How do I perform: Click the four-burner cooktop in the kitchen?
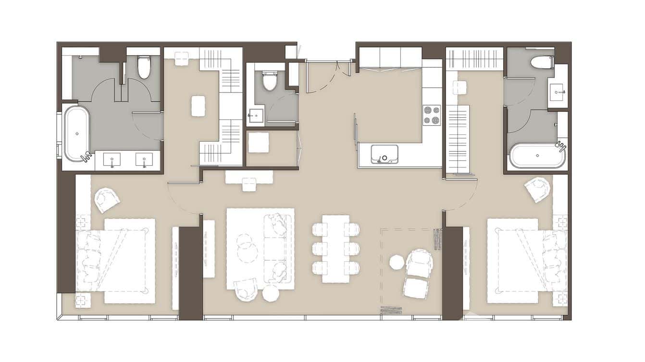tap(432, 115)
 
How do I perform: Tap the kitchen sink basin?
tap(385, 154)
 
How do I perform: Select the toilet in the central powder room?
tap(270, 81)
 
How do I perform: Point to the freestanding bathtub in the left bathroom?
tap(77, 133)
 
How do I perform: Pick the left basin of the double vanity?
tap(112, 159)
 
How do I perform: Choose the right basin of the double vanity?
tap(144, 159)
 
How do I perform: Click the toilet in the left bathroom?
tap(144, 67)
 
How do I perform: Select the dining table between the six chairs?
tap(335, 249)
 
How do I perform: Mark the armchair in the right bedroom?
tap(537, 189)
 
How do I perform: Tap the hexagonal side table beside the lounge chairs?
tap(397, 262)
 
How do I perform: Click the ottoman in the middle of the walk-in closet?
tap(198, 106)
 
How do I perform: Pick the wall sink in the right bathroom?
tap(558, 90)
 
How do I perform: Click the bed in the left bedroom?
tap(120, 261)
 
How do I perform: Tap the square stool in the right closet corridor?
tap(460, 88)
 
